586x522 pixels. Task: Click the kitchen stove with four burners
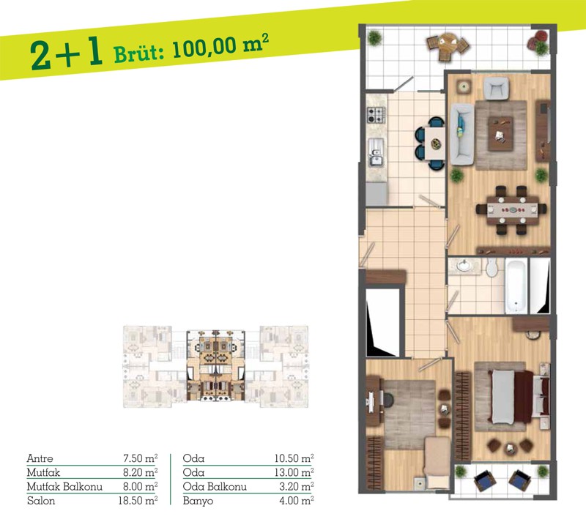(x=376, y=115)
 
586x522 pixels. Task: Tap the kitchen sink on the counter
(x=376, y=152)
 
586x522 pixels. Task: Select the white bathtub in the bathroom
(x=516, y=287)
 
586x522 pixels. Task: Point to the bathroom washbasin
(x=464, y=266)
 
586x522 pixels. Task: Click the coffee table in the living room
(x=500, y=133)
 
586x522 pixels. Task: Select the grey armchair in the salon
(x=496, y=89)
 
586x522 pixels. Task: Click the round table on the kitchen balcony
(x=448, y=44)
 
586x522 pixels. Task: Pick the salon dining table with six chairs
(x=511, y=210)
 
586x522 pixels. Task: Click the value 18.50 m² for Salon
(x=138, y=501)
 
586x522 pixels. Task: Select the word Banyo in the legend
(x=198, y=501)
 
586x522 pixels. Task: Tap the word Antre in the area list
(x=40, y=458)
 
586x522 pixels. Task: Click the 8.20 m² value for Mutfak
(x=140, y=472)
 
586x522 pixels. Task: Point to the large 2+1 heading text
(x=67, y=55)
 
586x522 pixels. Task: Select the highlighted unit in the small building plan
(x=215, y=366)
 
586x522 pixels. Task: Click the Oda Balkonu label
(x=215, y=487)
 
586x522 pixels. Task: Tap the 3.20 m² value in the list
(x=297, y=487)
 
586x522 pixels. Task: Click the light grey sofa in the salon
(x=462, y=134)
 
